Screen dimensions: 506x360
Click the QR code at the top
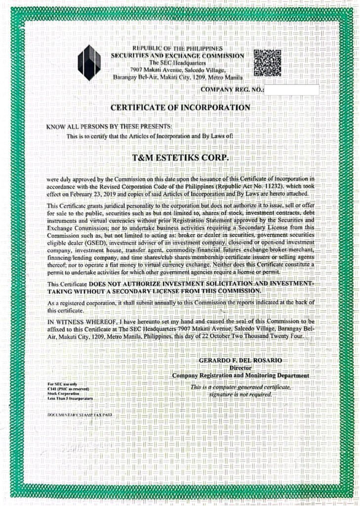pyautogui.click(x=267, y=63)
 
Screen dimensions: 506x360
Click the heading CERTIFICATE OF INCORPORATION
pyautogui.click(x=180, y=107)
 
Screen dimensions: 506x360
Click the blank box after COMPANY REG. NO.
pyautogui.click(x=291, y=90)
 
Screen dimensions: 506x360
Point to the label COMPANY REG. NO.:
pyautogui.click(x=233, y=90)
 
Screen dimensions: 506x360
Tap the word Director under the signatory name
pyautogui.click(x=241, y=368)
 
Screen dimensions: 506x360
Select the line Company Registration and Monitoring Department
pyautogui.click(x=240, y=376)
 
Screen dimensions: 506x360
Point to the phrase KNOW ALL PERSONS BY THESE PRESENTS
pyautogui.click(x=109, y=127)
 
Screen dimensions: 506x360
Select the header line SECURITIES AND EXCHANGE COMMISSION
pyautogui.click(x=177, y=56)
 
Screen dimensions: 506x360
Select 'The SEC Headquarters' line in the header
pyautogui.click(x=177, y=63)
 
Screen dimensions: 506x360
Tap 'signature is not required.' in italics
pyautogui.click(x=240, y=395)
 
